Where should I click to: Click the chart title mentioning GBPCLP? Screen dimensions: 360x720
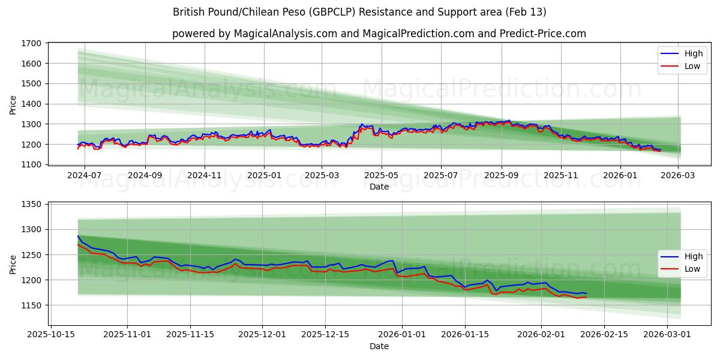coord(359,12)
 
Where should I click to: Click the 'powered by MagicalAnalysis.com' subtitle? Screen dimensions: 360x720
coord(379,34)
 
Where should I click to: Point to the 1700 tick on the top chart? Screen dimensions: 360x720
coord(31,43)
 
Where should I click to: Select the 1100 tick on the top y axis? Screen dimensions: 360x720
coord(31,164)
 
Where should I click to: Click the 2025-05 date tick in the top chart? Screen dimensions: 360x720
coord(382,175)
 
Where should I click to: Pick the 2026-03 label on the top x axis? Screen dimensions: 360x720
coord(679,175)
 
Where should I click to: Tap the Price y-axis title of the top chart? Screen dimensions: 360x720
coord(13,104)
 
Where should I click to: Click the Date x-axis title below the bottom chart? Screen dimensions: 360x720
coord(379,346)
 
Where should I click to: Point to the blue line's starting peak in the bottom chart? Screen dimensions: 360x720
coord(78,236)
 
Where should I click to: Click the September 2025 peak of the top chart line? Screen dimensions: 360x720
coord(509,121)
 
